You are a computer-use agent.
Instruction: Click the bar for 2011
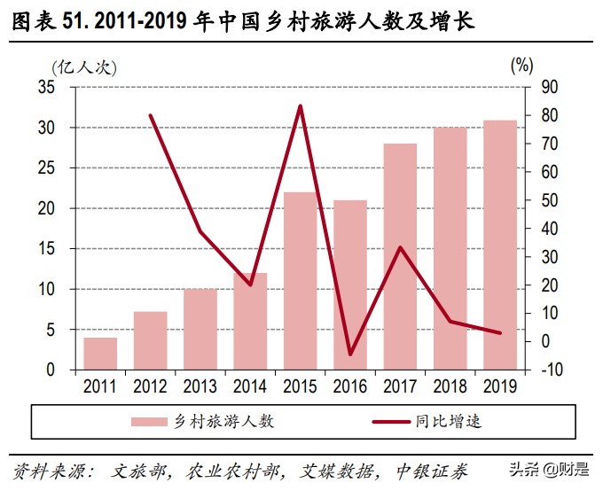tap(100, 353)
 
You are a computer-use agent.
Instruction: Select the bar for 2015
tap(300, 280)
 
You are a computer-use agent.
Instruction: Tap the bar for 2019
tap(499, 244)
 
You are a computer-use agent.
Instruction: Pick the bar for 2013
tap(200, 329)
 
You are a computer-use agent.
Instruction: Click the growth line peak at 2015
tap(300, 106)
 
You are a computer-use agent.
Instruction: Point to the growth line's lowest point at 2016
tap(350, 354)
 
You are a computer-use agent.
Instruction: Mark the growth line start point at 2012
tap(151, 115)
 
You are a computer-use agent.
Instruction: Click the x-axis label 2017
tap(400, 386)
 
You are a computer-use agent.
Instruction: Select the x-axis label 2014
tap(250, 386)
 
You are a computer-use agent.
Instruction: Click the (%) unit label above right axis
tap(522, 65)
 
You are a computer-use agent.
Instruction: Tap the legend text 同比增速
tap(450, 420)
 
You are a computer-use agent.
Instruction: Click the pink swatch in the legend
tap(151, 421)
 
